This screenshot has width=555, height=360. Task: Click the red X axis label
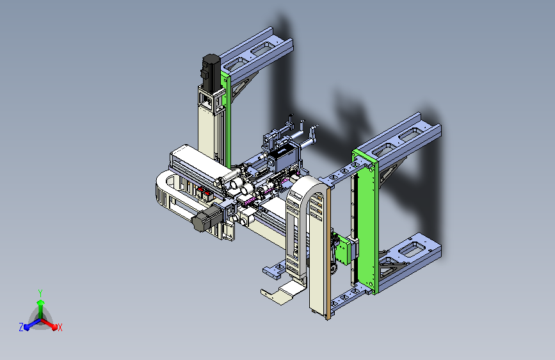click(60, 327)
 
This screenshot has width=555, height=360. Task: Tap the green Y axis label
click(40, 293)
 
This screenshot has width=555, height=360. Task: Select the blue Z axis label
click(21, 327)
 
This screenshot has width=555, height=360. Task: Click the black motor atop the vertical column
click(211, 71)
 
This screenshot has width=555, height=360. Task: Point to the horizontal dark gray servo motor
click(206, 218)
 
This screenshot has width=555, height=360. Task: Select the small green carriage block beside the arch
click(343, 250)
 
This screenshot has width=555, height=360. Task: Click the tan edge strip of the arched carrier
click(328, 254)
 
